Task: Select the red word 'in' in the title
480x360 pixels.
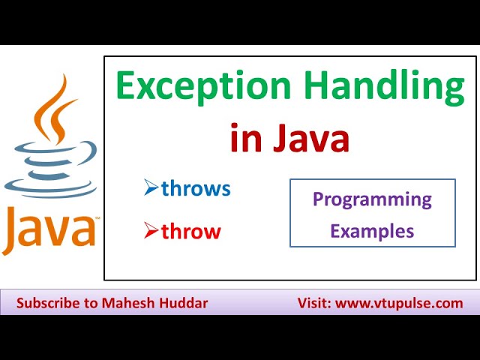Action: pos(244,139)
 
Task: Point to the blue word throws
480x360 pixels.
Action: pos(196,189)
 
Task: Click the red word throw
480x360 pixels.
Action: pos(190,232)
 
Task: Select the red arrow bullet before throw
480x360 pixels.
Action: pos(151,232)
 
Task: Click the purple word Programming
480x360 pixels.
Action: pos(372,199)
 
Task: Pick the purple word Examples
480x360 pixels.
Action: pos(372,231)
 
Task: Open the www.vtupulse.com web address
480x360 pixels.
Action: pos(399,304)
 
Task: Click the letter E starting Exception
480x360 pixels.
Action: pos(127,88)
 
